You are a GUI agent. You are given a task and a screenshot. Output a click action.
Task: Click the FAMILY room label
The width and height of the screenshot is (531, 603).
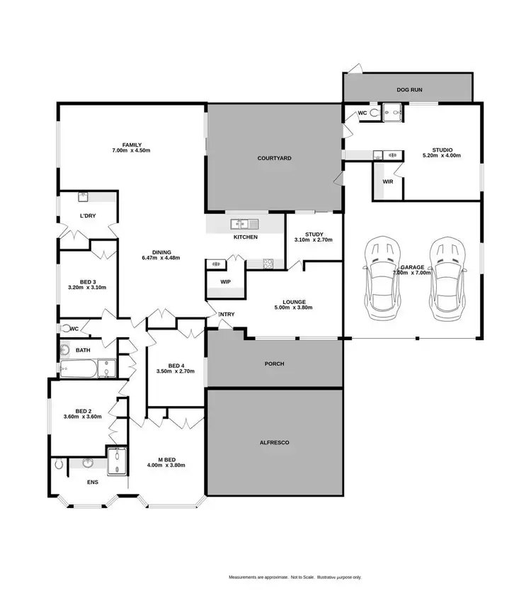(x=131, y=145)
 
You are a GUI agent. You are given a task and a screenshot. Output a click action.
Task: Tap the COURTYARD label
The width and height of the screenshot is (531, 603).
(x=275, y=159)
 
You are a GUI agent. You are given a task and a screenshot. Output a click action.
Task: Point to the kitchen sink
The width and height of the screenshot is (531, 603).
(x=239, y=224)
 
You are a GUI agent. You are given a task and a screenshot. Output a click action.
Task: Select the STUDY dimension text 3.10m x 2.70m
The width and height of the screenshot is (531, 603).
(x=314, y=240)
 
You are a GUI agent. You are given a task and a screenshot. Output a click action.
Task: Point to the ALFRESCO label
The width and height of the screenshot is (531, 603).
(x=274, y=443)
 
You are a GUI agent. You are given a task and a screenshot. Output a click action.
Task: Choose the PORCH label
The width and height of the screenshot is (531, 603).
(x=274, y=364)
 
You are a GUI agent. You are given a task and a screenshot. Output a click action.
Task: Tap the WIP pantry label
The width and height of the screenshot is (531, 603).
(x=225, y=281)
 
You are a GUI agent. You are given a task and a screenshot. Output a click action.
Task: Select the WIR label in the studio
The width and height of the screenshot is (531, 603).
(x=387, y=181)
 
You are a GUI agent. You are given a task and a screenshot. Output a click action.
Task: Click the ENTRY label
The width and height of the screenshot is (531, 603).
(x=227, y=315)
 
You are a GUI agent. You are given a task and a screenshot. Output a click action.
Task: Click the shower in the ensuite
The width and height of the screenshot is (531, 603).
(x=115, y=461)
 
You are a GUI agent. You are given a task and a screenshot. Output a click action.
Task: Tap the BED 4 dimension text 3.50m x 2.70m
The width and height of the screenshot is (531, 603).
(x=175, y=371)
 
